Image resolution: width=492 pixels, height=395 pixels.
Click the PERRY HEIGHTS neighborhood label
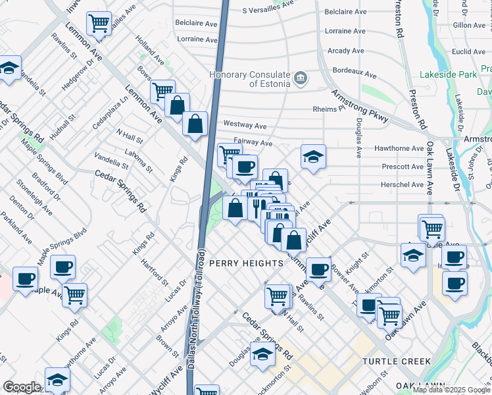(245, 263)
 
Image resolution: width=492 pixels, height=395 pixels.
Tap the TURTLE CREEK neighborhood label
(397, 361)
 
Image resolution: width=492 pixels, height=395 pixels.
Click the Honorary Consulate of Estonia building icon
(301, 78)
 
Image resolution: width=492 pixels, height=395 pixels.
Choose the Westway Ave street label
(245, 124)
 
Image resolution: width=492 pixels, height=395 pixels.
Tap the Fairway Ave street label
(253, 142)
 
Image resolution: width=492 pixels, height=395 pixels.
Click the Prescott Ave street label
(403, 167)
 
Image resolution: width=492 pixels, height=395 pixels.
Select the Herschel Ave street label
(403, 184)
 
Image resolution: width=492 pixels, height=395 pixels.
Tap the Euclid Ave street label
(469, 51)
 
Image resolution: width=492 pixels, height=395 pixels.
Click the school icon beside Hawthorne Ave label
(314, 157)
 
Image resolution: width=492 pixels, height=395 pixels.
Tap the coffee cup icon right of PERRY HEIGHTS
(318, 269)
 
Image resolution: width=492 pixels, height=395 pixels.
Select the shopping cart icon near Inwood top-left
(99, 24)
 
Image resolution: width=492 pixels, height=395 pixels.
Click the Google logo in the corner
(21, 387)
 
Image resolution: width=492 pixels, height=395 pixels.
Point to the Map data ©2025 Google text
(451, 390)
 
